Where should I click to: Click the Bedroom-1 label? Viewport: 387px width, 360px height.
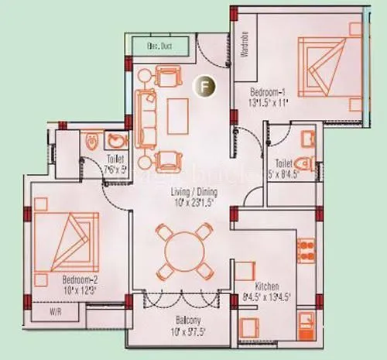[269, 91]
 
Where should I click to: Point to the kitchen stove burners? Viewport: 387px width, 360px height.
[304, 251]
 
